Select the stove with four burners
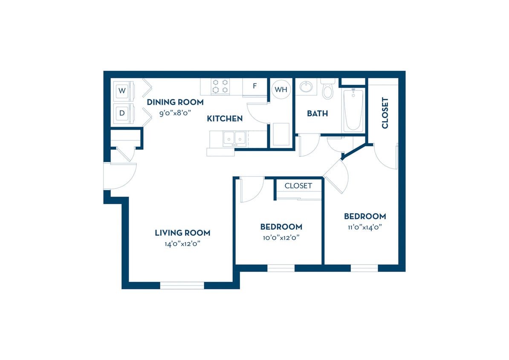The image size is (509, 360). (221, 86)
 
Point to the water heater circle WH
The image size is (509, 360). (281, 90)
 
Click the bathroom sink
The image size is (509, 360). (306, 87)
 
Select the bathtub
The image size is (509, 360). (353, 110)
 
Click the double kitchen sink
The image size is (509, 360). (234, 138)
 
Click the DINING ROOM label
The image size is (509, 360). (175, 102)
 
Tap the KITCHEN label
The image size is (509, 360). (225, 119)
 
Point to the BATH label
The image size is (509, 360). (318, 113)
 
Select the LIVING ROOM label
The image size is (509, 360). (182, 233)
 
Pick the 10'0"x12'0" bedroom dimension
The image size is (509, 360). (281, 238)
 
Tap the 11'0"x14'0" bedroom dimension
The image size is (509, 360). (365, 227)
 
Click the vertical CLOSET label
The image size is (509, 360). (385, 113)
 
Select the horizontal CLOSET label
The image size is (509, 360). (298, 186)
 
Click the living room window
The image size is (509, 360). (182, 285)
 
